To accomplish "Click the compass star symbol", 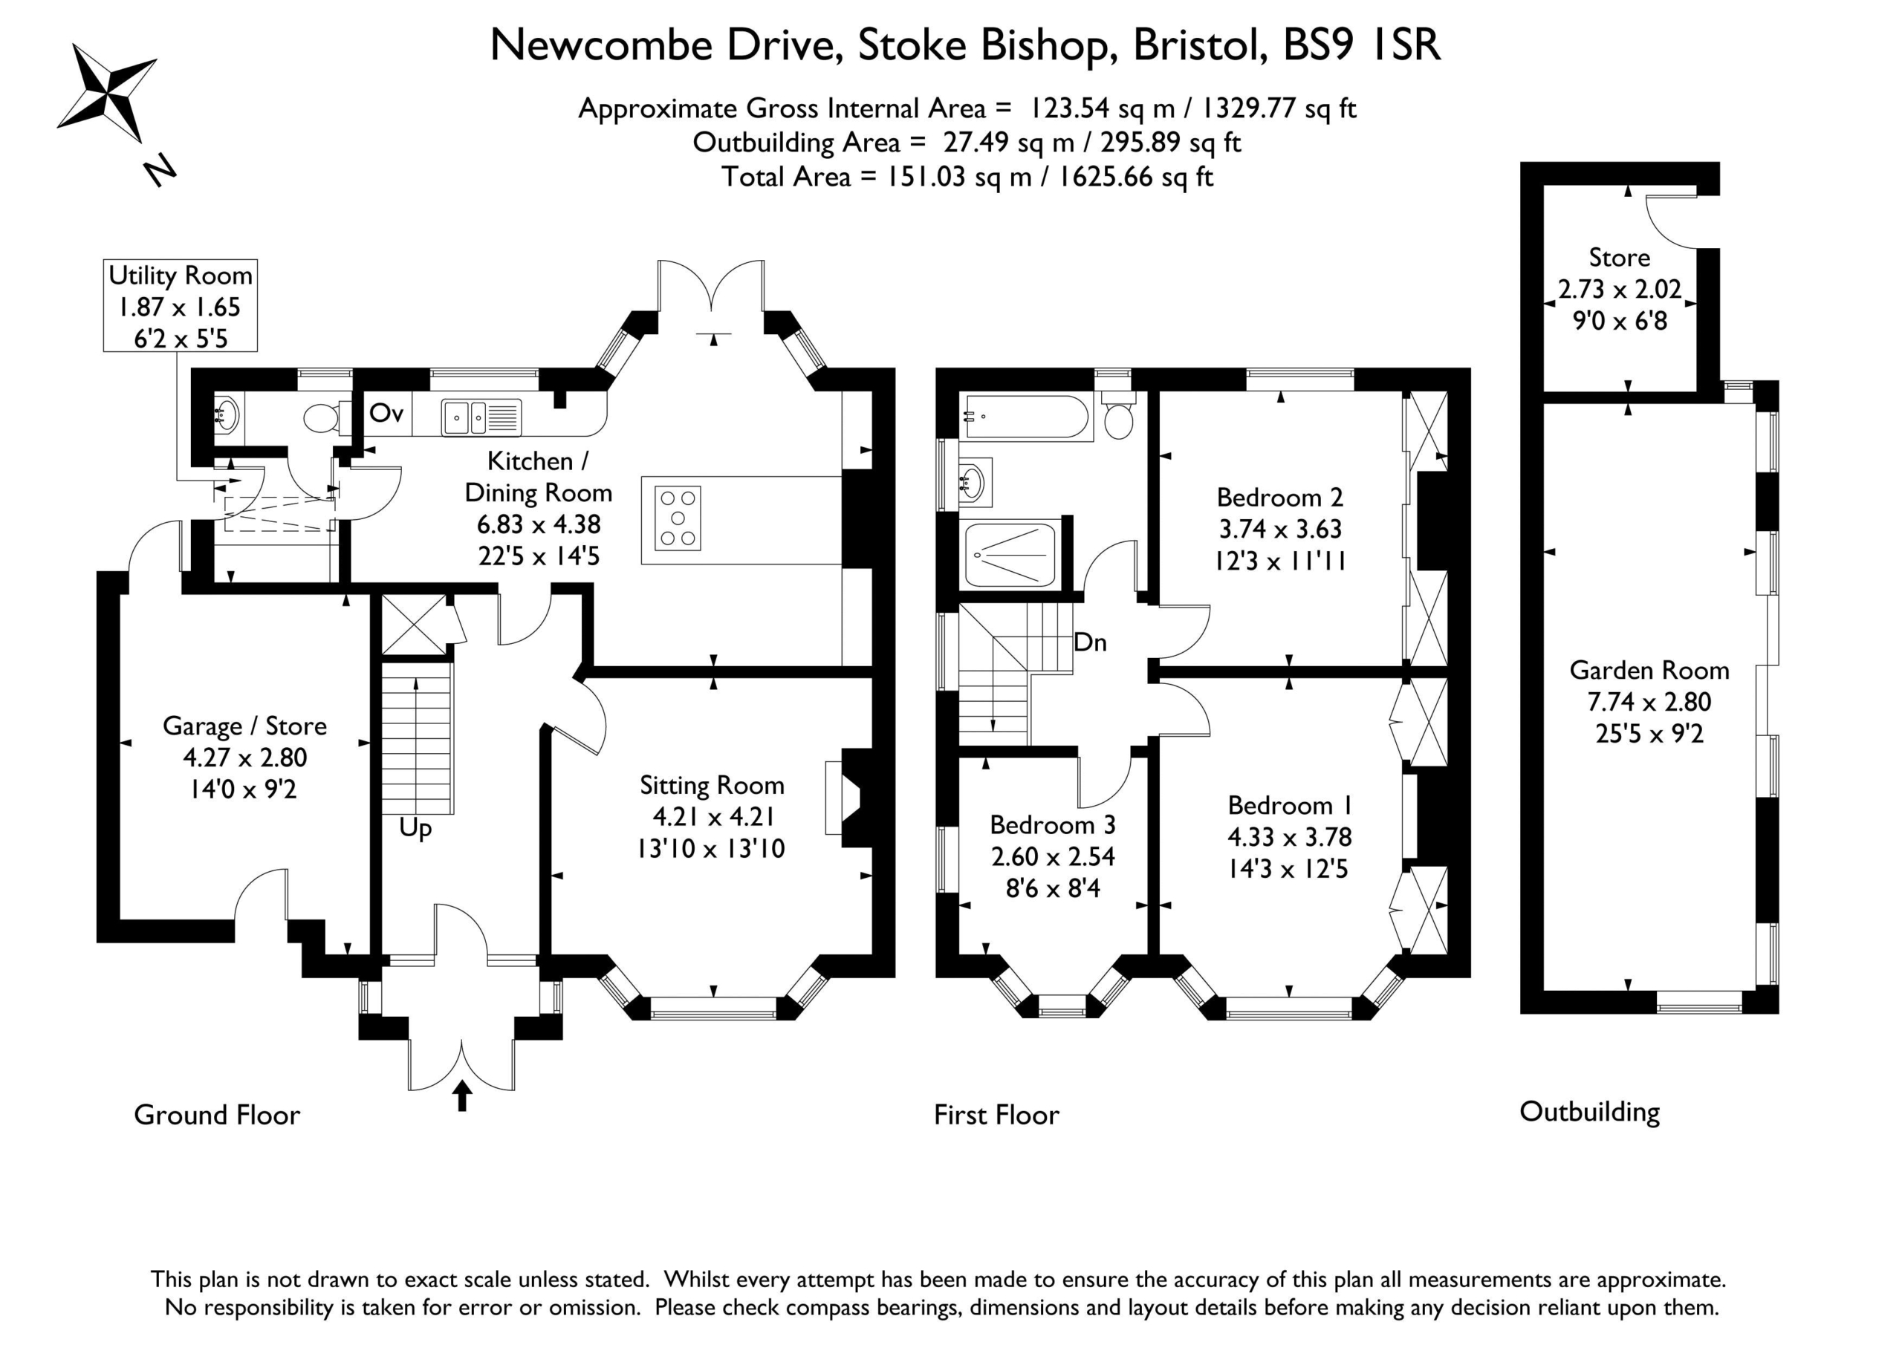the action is click(107, 92).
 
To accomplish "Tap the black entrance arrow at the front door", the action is click(462, 1095).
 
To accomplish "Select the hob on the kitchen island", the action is click(678, 518).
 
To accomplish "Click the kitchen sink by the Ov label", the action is click(481, 417).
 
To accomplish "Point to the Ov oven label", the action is click(386, 412).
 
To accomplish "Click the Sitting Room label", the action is click(712, 785).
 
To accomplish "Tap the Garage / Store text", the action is click(244, 726).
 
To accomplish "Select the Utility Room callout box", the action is click(180, 305).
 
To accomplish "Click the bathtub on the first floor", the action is click(1025, 417).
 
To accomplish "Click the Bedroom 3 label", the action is click(1052, 825).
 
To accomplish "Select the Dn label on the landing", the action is click(1090, 642).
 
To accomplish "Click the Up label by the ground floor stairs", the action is click(415, 829).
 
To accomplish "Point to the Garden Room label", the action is click(1649, 670).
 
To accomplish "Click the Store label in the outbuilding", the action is click(1620, 258).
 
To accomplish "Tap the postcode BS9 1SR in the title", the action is click(1362, 45).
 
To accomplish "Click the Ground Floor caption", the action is click(217, 1115).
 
